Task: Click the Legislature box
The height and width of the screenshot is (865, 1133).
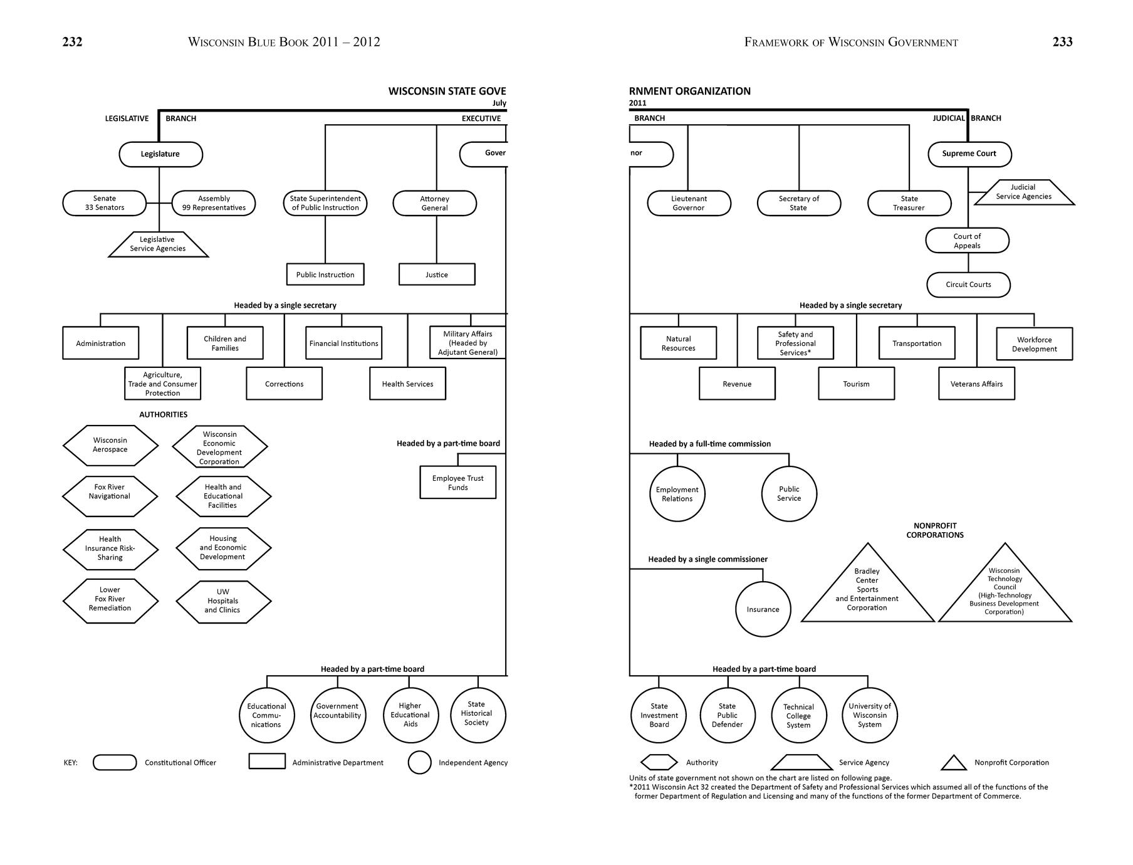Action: click(x=160, y=154)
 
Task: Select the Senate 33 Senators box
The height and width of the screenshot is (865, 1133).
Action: click(x=105, y=203)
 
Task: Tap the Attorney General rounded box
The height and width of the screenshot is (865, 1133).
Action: click(x=434, y=203)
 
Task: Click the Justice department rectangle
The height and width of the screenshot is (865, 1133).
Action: click(x=437, y=275)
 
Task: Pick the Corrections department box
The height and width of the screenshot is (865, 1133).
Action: click(x=284, y=384)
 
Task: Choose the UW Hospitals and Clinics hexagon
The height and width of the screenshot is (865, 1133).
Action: click(x=223, y=601)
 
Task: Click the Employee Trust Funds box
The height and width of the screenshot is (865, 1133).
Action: click(x=457, y=483)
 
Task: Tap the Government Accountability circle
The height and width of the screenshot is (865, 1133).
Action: click(x=337, y=715)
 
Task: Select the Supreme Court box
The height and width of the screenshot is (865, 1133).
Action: click(x=969, y=154)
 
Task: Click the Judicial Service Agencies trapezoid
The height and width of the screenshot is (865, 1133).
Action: click(x=1023, y=192)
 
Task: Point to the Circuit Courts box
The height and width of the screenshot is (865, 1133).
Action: click(x=968, y=285)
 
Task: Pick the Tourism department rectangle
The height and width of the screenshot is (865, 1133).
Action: click(x=856, y=384)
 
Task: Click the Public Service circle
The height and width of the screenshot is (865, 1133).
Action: click(x=789, y=494)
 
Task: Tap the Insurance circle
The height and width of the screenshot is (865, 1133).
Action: click(x=763, y=609)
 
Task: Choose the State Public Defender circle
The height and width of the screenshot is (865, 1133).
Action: click(x=727, y=715)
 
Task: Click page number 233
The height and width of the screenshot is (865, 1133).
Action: click(x=1062, y=42)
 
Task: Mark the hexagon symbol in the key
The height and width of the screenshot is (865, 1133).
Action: click(x=659, y=762)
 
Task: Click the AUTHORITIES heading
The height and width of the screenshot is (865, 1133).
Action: click(x=163, y=414)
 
